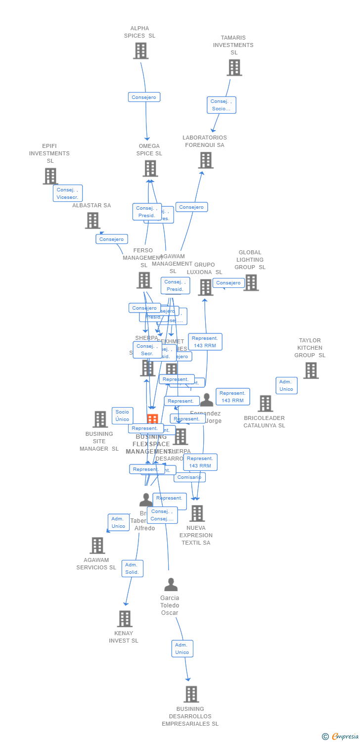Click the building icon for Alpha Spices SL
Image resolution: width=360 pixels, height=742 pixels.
[141, 50]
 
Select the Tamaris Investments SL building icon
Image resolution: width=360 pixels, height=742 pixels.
[234, 68]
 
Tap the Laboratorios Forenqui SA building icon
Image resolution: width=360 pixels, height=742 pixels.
[206, 160]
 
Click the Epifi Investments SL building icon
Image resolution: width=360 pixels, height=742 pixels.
[50, 176]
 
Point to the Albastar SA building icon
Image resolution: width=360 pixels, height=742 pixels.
[92, 221]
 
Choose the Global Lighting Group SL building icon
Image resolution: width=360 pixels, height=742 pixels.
[251, 282]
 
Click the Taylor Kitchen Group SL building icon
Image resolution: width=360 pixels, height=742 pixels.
[311, 371]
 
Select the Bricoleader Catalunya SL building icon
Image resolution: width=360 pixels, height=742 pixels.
[265, 404]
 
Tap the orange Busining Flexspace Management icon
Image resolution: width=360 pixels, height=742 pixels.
[152, 419]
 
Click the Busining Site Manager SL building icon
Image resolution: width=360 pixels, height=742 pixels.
[100, 419]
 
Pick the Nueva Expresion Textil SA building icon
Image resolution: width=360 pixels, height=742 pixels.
[197, 513]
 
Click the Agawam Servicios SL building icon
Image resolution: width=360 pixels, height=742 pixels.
[97, 546]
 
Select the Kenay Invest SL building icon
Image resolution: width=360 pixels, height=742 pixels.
[125, 619]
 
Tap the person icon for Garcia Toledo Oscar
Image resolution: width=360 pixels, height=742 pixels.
[171, 585]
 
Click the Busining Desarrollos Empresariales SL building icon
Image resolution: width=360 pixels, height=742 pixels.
[191, 694]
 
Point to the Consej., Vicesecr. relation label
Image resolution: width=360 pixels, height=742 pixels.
[68, 193]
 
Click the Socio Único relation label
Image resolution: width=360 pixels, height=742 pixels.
[122, 416]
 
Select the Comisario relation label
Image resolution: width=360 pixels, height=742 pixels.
[189, 477]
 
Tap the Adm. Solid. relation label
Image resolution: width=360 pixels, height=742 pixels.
[132, 568]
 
